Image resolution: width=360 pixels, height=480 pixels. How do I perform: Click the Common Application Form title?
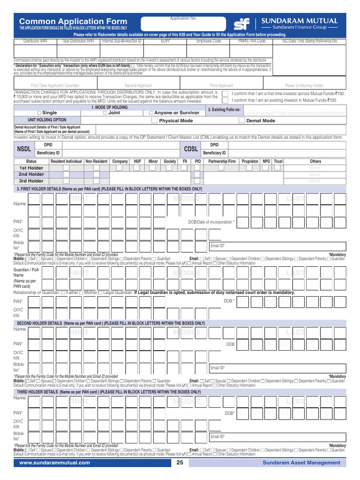click(73, 22)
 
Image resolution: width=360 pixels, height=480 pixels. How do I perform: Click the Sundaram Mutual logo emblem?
click(242, 23)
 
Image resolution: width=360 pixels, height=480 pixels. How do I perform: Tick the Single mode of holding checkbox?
click(39, 113)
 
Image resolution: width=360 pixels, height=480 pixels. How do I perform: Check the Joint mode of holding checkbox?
click(105, 113)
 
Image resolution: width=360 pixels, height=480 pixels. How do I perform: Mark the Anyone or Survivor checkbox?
click(150, 113)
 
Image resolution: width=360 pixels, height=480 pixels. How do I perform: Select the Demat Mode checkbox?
click(242, 120)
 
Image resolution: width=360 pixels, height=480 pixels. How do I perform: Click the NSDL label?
click(23, 149)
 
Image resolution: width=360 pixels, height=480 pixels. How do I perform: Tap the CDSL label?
click(191, 149)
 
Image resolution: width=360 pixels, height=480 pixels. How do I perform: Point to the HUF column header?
click(137, 161)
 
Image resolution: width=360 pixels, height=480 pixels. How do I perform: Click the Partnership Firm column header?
click(222, 161)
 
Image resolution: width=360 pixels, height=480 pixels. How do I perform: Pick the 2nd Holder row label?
click(31, 174)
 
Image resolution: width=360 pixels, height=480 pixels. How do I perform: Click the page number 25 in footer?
click(180, 463)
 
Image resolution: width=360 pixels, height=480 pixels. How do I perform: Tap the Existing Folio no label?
click(224, 110)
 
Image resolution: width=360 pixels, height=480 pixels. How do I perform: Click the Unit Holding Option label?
click(47, 120)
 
